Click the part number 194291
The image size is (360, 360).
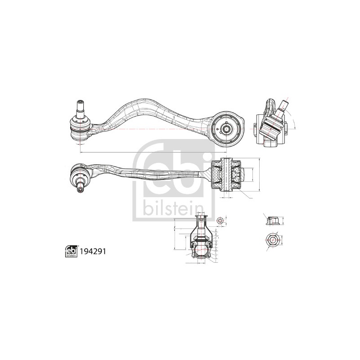pos(93,252)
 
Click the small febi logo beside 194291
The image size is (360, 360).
pos(71,251)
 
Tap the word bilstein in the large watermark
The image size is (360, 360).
pos(173,209)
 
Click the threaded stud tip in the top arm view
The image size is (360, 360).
pos(81,102)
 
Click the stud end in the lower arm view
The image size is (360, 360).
pos(81,189)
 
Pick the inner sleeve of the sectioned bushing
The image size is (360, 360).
pos(227,175)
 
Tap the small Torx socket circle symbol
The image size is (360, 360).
pos(220,220)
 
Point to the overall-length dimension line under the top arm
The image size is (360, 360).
pos(153,152)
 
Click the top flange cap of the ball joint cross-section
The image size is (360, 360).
pos(201,216)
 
